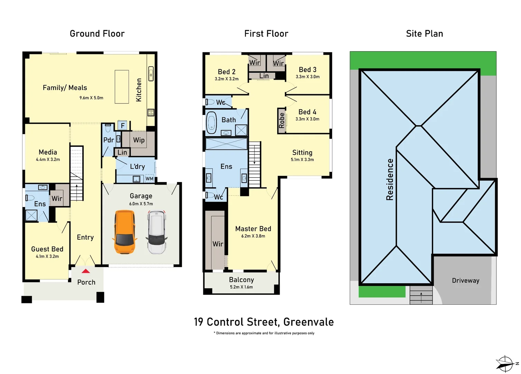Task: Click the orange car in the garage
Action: point(124,232)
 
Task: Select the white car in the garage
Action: point(157,232)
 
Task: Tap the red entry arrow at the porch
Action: point(86,271)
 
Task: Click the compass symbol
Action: point(505,364)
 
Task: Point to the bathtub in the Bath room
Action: point(211,123)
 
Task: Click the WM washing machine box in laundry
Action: point(149,179)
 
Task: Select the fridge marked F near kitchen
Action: point(123,125)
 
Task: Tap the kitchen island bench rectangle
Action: point(122,87)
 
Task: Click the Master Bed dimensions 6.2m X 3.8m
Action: point(253,236)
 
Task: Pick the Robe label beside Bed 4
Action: point(282,121)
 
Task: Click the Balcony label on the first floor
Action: point(241,280)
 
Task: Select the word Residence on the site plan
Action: point(390,179)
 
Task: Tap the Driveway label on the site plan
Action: point(465,280)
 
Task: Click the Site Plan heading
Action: point(424,34)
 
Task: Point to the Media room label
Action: point(48,152)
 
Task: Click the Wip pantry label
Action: point(139,140)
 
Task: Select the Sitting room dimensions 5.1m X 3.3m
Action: point(302,160)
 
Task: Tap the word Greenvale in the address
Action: point(308,322)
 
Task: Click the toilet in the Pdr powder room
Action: point(108,128)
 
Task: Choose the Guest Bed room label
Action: point(47,249)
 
